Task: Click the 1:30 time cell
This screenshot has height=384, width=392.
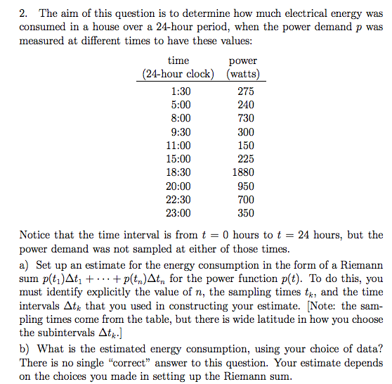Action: pos(181,91)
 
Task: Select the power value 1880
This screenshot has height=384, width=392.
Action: pos(243,172)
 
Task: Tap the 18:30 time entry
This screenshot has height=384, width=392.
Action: pos(181,172)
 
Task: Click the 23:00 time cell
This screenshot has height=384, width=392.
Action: pos(181,213)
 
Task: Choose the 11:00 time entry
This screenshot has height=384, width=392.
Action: pos(181,146)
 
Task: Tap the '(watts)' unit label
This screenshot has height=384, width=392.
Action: pos(243,75)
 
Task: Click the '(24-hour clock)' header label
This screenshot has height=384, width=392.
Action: pos(178,75)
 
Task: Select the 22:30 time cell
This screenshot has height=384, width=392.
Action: pos(181,200)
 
